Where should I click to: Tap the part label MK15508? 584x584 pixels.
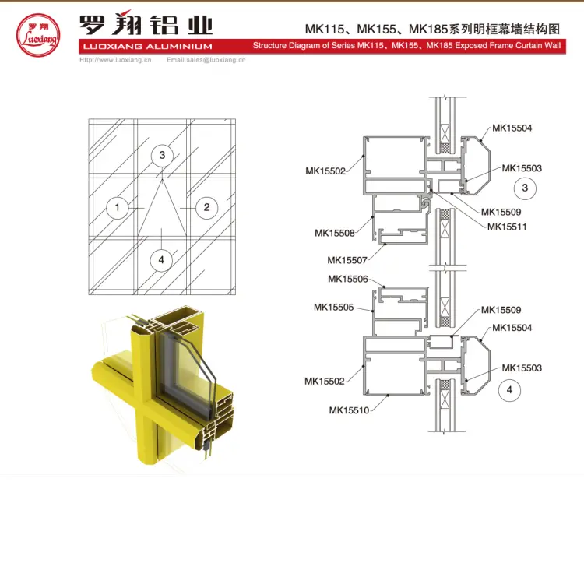pos(335,233)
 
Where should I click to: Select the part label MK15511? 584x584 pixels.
pos(507,227)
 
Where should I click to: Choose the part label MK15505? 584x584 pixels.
pos(334,307)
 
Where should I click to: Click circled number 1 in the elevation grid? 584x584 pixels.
pos(117,207)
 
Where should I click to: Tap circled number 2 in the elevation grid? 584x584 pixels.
pos(206,207)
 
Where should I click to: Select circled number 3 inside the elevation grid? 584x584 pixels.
pos(162,155)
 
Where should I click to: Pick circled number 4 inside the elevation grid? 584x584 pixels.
pos(161,259)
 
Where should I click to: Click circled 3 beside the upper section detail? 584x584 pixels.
pos(525,188)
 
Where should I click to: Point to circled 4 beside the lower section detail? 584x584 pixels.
pos(510,390)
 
